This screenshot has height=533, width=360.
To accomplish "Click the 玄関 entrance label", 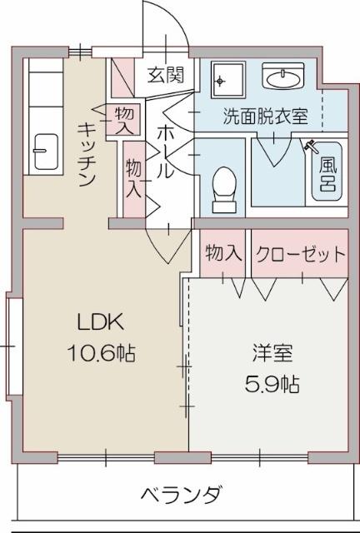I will [x=165, y=76].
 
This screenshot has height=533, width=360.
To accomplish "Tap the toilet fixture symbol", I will [x=224, y=187].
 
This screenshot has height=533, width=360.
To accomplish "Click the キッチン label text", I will [x=87, y=154].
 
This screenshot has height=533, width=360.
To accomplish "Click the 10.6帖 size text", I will [x=101, y=353].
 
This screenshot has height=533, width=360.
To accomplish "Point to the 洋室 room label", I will [x=272, y=353].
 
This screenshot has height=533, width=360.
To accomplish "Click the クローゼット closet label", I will [x=299, y=254].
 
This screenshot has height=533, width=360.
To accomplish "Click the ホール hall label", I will [x=165, y=150].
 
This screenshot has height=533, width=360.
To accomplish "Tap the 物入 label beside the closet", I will [x=222, y=254].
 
